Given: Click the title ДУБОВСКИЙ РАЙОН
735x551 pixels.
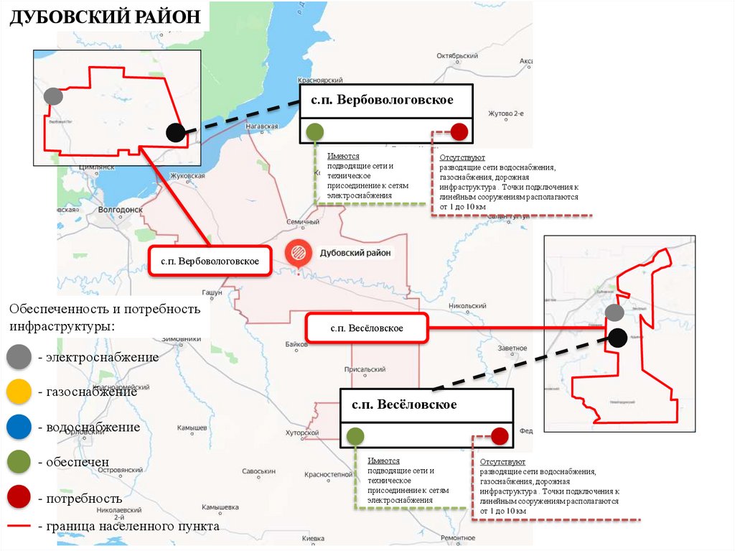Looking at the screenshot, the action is tap(105, 17).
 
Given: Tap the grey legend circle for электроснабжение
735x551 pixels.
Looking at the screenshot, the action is tap(18, 357).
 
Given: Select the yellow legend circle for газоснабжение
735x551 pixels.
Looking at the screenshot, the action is tap(18, 392).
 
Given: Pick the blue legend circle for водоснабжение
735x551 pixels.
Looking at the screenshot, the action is tap(18, 427).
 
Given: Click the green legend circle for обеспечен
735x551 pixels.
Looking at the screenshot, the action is tap(18, 463).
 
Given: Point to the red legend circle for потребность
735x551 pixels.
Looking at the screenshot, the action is tap(18, 497).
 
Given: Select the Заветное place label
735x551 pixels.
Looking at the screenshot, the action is tap(510, 348).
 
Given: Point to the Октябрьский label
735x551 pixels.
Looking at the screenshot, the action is tap(457, 55).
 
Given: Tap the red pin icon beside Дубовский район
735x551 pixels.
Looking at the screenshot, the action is tap(297, 254).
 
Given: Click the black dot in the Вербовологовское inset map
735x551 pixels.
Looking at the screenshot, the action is tap(175, 132).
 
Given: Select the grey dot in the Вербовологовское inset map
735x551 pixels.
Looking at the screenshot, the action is tap(52, 96).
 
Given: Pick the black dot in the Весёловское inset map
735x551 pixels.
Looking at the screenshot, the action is tap(618, 336).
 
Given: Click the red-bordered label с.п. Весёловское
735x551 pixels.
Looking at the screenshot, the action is tap(367, 328).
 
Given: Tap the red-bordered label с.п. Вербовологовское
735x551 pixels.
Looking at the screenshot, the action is tap(210, 261).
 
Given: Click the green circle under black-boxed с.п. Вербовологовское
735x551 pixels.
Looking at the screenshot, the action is tap(314, 132).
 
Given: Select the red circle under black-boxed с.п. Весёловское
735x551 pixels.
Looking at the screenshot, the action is tap(500, 436).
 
